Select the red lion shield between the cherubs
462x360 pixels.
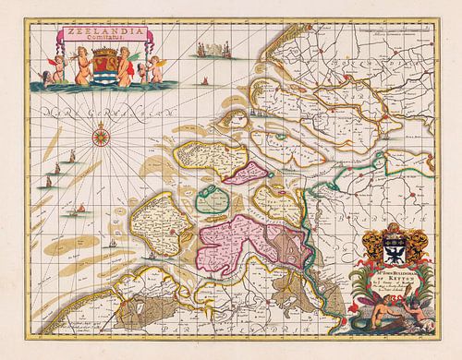[101, 66]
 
